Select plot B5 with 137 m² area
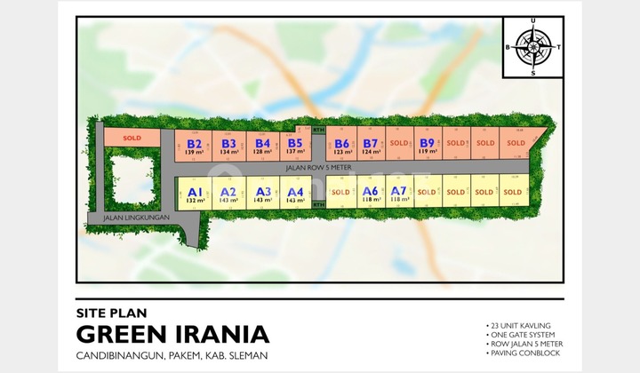295,146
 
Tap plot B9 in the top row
427,146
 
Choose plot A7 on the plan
398,194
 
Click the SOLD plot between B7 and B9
399,143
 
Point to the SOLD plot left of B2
132,139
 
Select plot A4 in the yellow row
296,194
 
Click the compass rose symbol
533,46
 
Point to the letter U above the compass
533,22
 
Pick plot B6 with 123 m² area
342,146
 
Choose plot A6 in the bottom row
371,194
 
